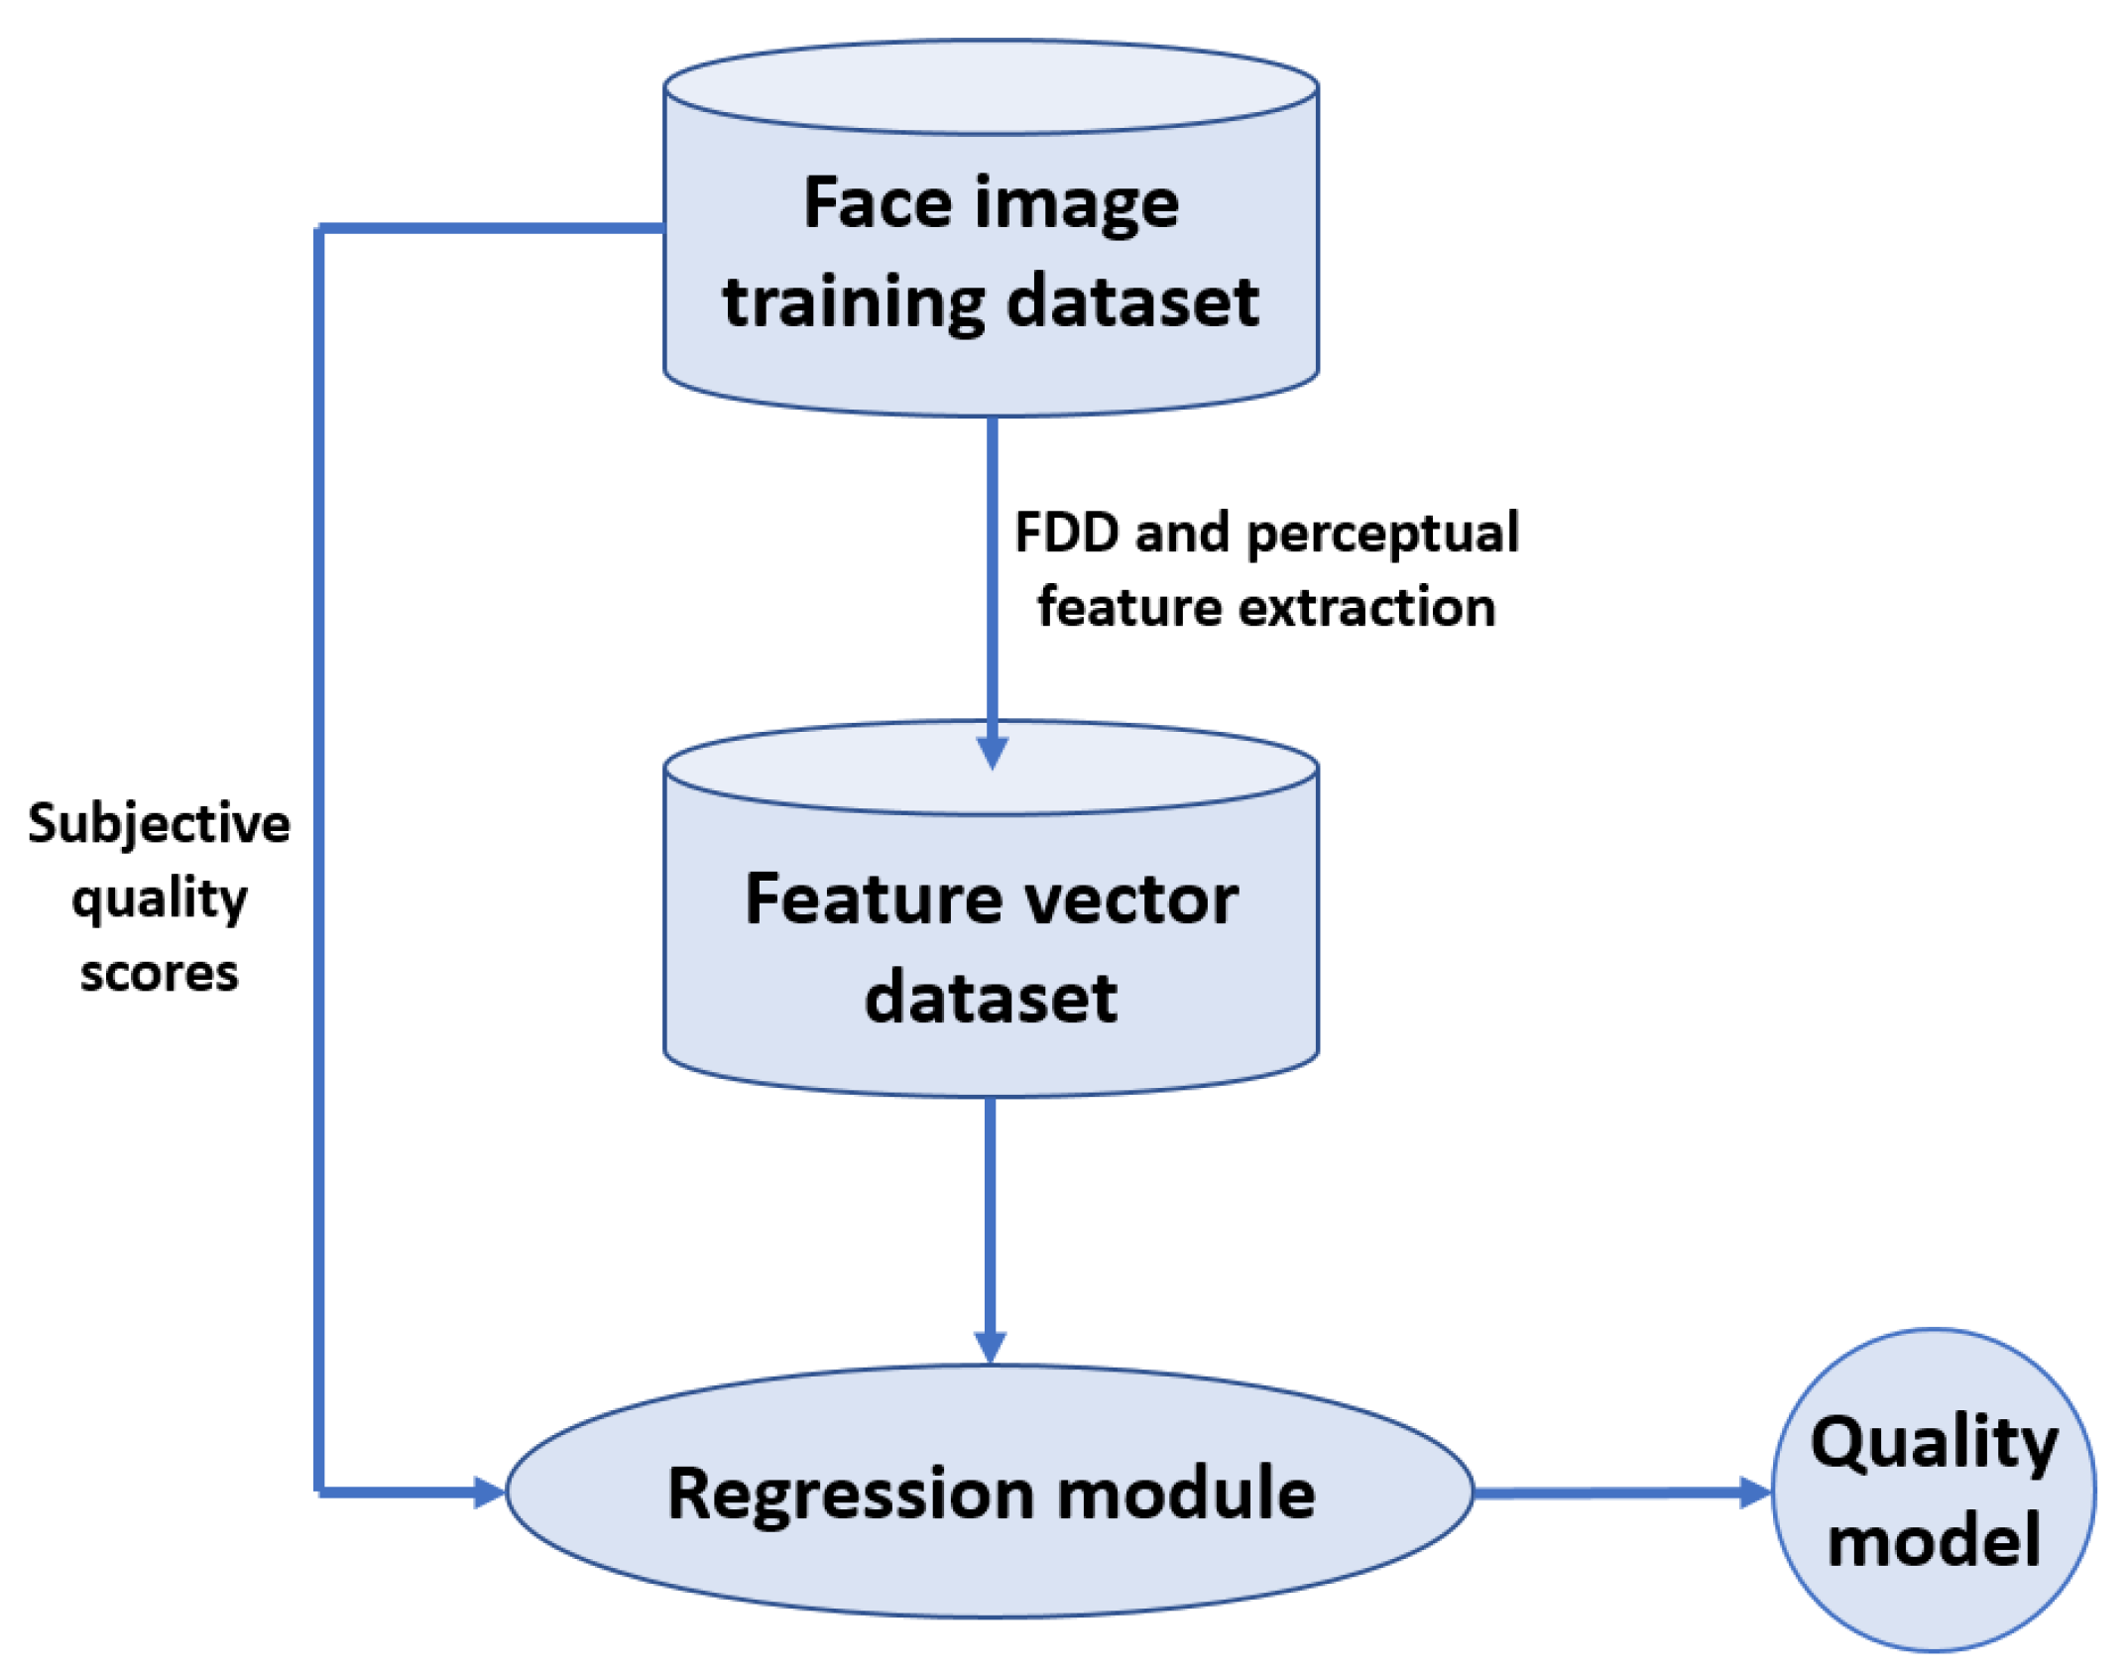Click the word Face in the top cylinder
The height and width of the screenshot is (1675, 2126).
(877, 202)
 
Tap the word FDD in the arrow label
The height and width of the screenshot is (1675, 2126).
(1067, 533)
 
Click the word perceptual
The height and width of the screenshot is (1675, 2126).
(1382, 535)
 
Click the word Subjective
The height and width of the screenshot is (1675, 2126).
(159, 824)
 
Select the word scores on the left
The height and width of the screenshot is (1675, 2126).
(159, 973)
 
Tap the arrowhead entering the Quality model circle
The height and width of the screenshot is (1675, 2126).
(1754, 1492)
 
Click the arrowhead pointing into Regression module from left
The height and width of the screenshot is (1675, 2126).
(489, 1492)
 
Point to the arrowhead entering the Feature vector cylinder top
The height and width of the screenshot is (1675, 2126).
(992, 752)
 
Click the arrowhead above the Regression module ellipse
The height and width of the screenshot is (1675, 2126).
(991, 1347)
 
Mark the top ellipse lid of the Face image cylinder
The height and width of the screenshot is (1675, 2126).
(991, 87)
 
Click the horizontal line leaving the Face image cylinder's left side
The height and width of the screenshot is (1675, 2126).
(491, 229)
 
